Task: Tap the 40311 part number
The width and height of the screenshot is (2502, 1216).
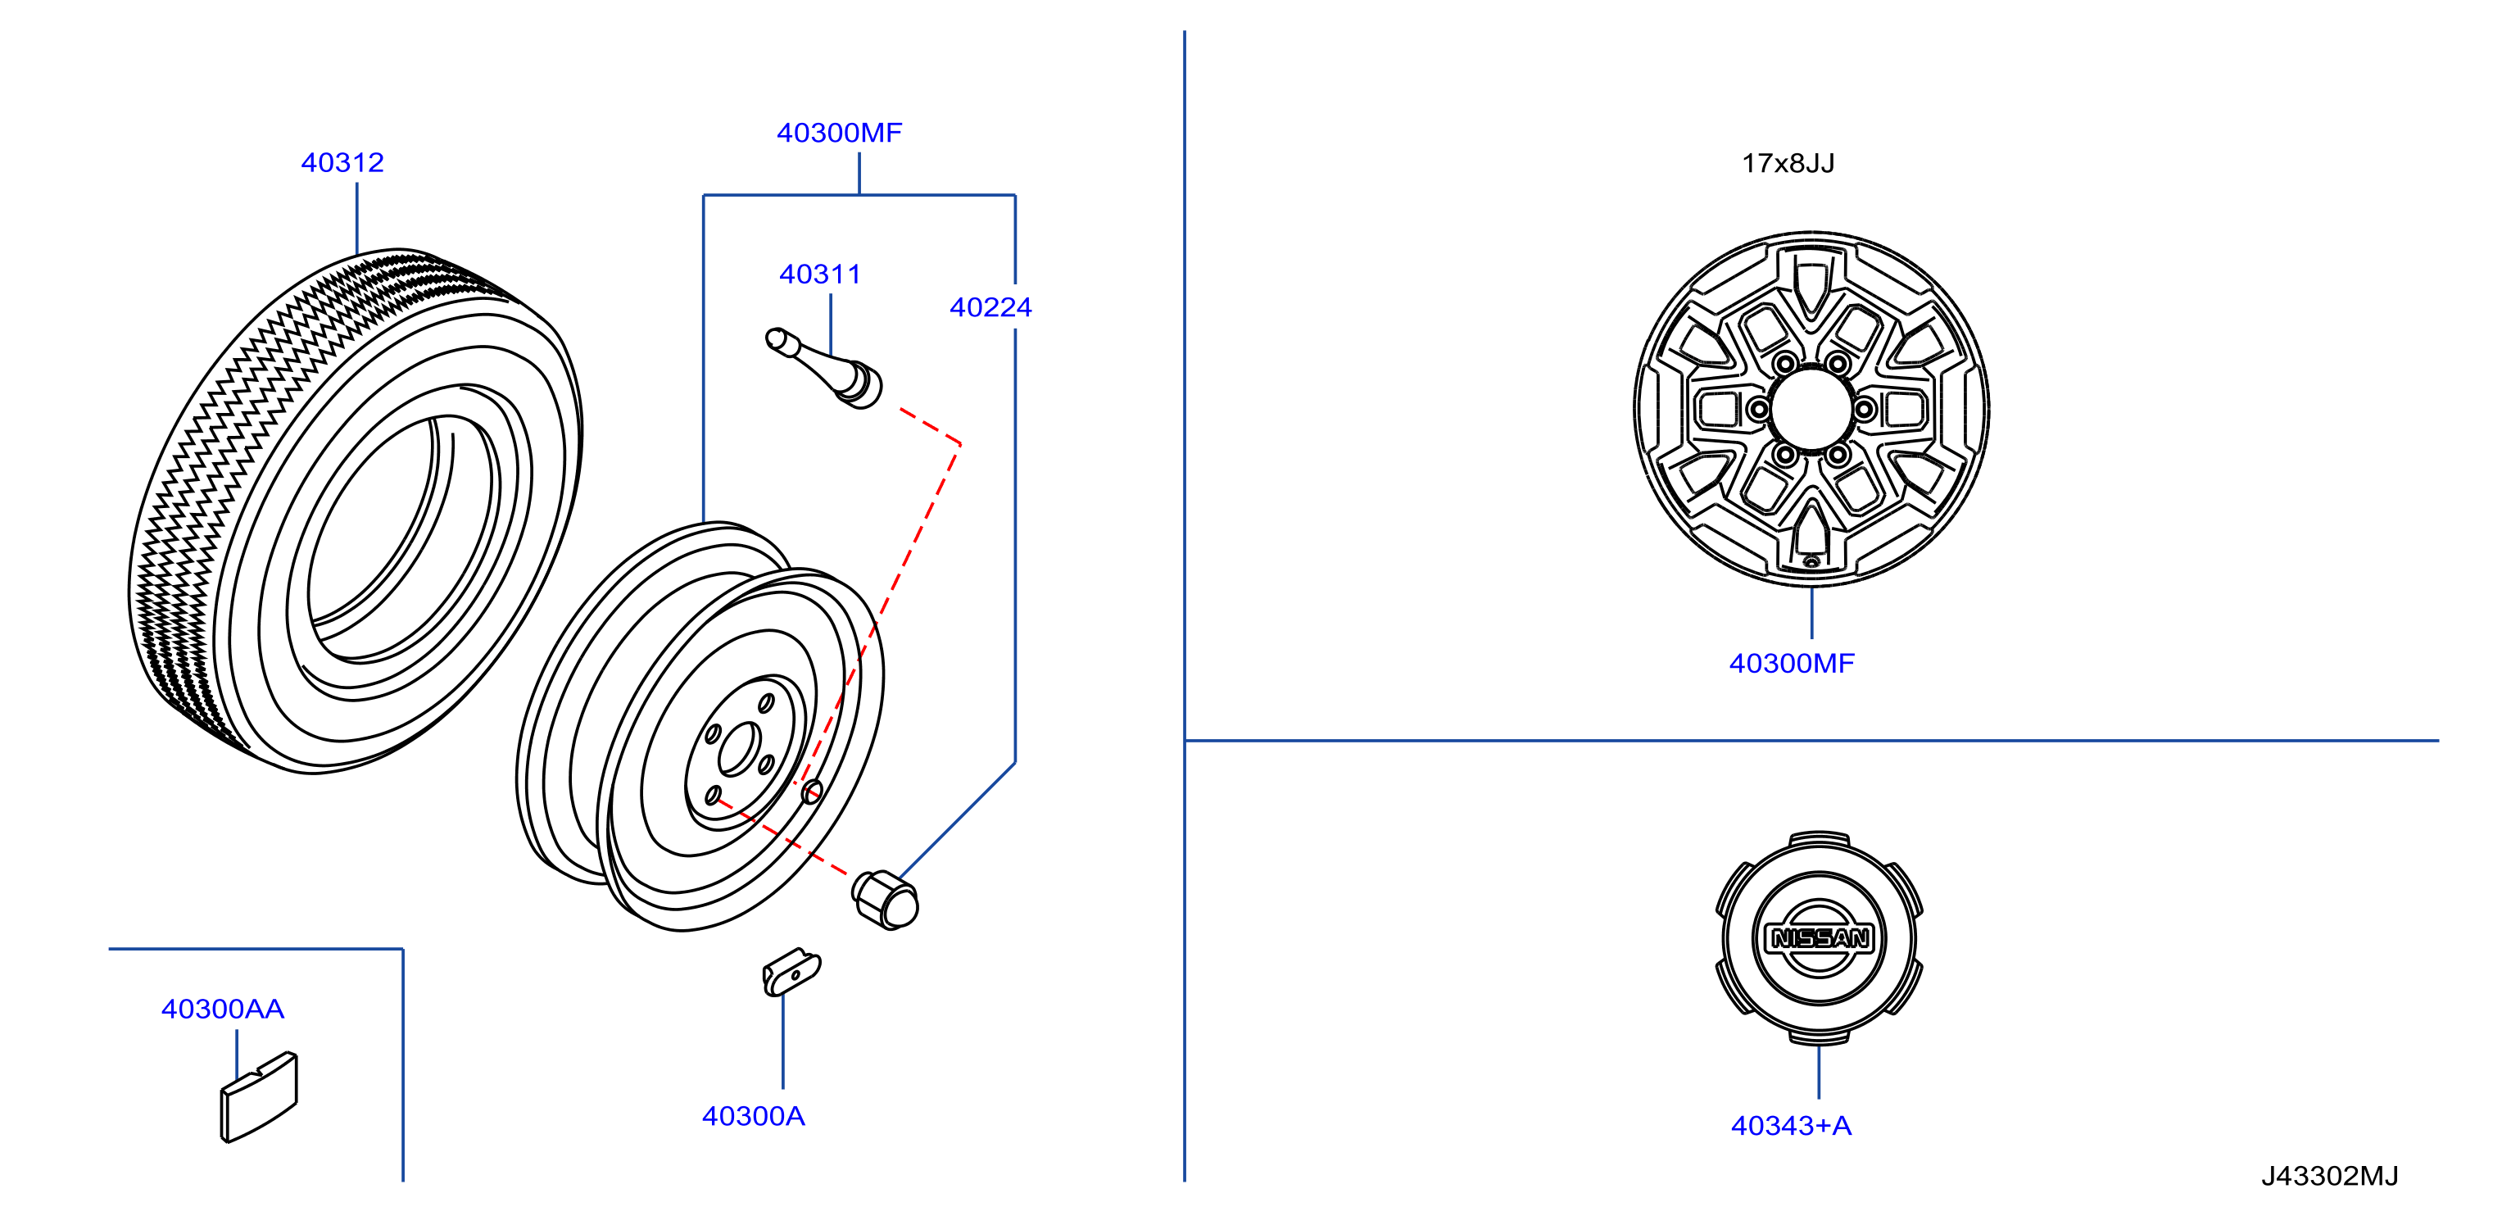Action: [x=820, y=274]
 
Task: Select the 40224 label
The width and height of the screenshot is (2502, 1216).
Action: [x=990, y=307]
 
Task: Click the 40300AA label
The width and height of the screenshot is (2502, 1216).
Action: [x=222, y=1010]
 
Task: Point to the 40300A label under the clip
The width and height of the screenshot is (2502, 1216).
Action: [x=753, y=1116]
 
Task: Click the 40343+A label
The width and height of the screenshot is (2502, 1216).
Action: [x=1791, y=1126]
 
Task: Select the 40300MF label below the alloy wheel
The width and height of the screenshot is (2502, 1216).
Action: [x=1791, y=664]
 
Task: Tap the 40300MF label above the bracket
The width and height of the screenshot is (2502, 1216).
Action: [x=839, y=132]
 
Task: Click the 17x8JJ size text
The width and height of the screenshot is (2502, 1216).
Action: [x=1788, y=163]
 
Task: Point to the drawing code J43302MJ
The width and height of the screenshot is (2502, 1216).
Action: [x=2329, y=1176]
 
